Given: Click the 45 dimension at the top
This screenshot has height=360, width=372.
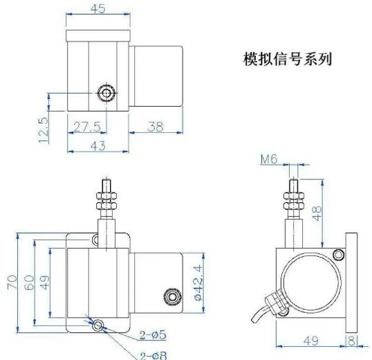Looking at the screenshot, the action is coord(97,9).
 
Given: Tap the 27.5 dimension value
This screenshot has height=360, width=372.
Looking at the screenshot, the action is coord(87,127).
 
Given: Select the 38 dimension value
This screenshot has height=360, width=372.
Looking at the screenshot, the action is coord(156,127).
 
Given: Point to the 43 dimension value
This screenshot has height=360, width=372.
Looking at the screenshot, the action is coord(98,146).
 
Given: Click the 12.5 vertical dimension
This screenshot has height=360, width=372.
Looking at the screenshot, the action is coord(44,130).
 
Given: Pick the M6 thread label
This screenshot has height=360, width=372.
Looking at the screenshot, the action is coord(269,159).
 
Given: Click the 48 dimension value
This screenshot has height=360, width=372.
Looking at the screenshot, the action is coord(317,213).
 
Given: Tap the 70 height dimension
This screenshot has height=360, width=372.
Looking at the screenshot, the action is coord(12,282).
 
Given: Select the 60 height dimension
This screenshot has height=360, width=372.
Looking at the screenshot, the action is coord(29,282).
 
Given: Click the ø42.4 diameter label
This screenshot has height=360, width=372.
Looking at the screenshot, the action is coord(198,282).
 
